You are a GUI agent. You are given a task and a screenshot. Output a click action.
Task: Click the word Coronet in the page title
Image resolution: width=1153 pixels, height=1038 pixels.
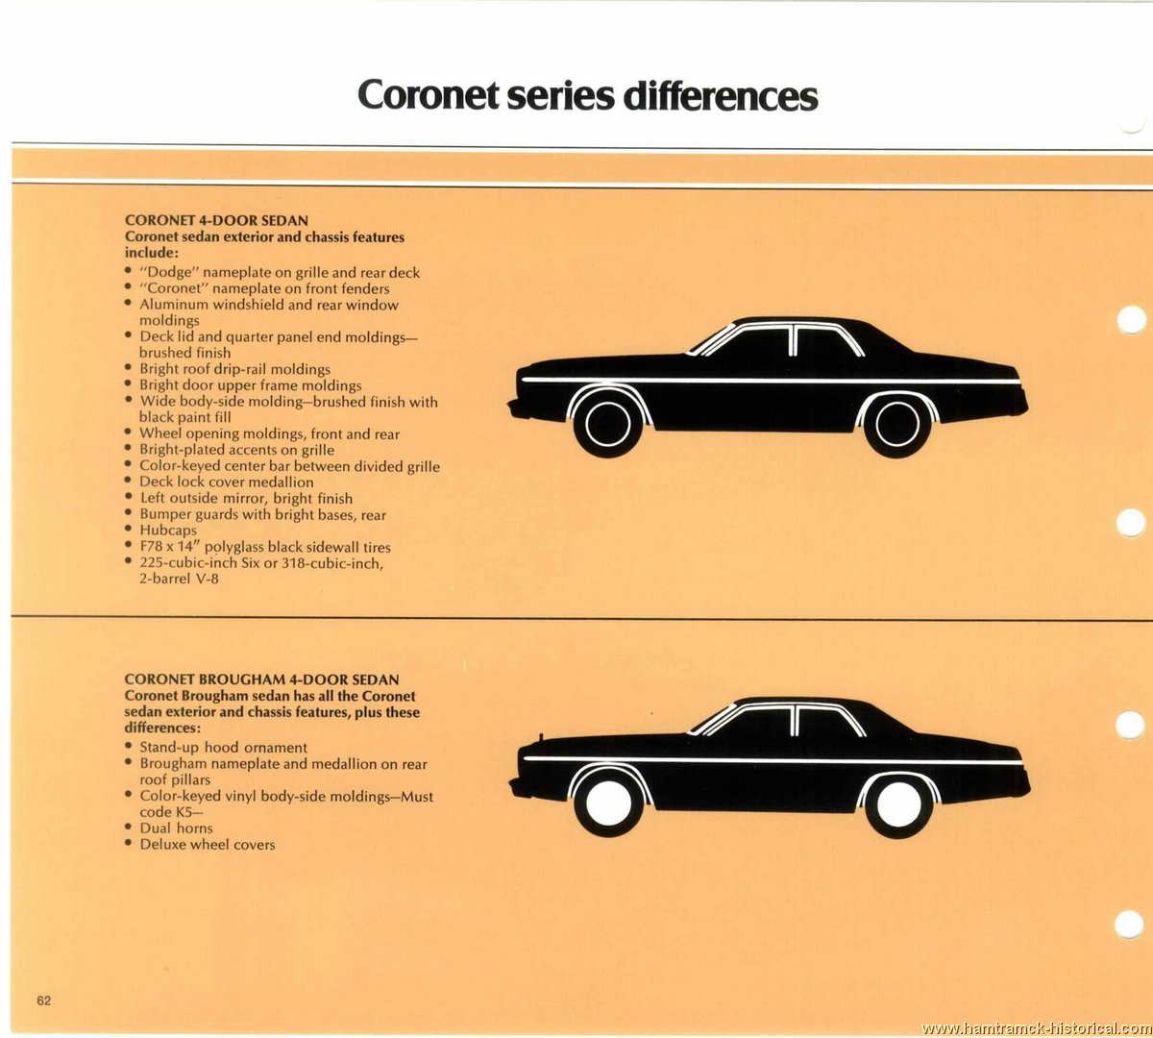pyautogui.click(x=428, y=95)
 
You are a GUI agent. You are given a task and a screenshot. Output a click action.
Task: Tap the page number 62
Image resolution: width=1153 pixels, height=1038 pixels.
pyautogui.click(x=43, y=1001)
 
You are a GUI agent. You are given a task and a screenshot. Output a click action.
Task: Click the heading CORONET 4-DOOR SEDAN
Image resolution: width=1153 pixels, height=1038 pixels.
pyautogui.click(x=216, y=220)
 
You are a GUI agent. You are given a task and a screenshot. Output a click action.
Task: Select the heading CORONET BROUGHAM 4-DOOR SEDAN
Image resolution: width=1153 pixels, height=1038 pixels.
pyautogui.click(x=261, y=680)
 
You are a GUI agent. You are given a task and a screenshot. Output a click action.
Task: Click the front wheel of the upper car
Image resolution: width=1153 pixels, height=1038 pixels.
pyautogui.click(x=607, y=424)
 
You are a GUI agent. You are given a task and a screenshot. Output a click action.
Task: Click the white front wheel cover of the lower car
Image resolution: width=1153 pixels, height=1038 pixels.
pyautogui.click(x=608, y=803)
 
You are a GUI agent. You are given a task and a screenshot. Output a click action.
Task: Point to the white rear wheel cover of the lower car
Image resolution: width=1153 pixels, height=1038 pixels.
pyautogui.click(x=897, y=803)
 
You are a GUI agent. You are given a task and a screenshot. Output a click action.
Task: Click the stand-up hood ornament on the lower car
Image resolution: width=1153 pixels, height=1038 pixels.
pyautogui.click(x=541, y=738)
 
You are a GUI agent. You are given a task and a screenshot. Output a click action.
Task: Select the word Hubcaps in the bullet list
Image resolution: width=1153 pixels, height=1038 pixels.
pyautogui.click(x=168, y=531)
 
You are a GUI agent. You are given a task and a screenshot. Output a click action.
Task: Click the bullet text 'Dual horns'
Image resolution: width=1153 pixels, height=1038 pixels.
pyautogui.click(x=176, y=828)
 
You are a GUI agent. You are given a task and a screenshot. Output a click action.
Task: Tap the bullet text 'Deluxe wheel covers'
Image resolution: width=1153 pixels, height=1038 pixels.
pyautogui.click(x=208, y=844)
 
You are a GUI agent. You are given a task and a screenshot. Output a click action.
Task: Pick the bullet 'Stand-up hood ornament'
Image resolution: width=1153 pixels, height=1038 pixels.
pyautogui.click(x=224, y=748)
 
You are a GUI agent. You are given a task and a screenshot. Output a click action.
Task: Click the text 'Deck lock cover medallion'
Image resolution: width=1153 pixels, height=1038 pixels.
pyautogui.click(x=227, y=482)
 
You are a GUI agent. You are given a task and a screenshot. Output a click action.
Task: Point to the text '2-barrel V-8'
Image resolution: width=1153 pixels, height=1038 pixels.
pyautogui.click(x=179, y=579)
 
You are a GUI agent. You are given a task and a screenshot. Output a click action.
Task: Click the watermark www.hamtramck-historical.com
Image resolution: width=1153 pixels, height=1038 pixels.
pyautogui.click(x=1037, y=1027)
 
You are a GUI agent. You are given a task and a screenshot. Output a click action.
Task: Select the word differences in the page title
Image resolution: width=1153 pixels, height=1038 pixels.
pyautogui.click(x=721, y=95)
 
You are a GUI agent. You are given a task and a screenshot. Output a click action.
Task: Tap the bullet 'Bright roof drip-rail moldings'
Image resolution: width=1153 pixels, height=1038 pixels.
pyautogui.click(x=235, y=369)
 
